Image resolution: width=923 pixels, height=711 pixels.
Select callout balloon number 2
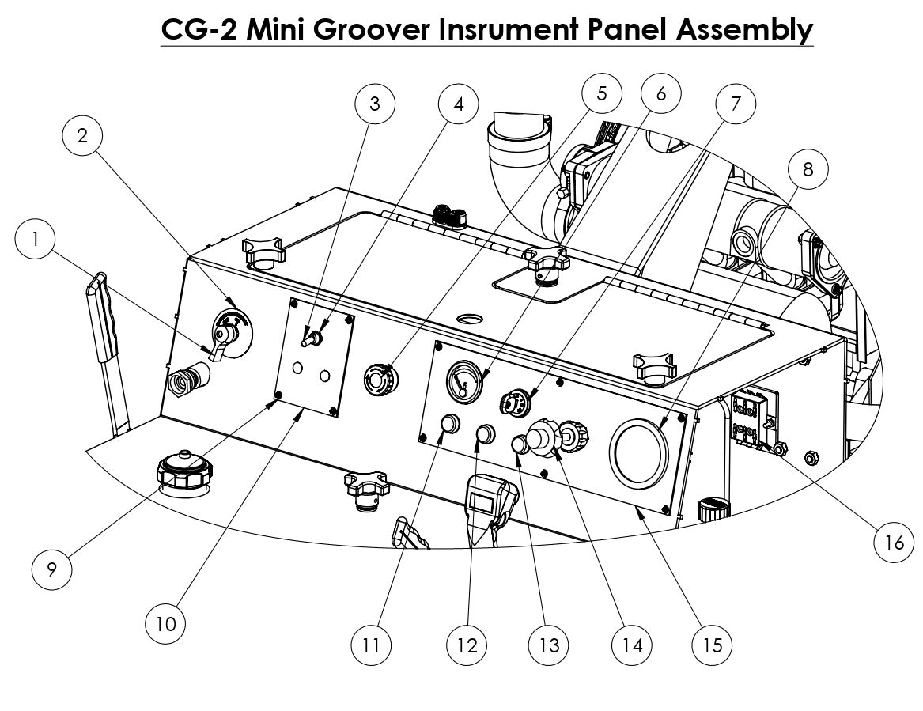click(82, 135)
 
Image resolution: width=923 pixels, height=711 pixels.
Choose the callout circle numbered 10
click(165, 623)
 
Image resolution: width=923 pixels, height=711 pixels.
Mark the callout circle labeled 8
click(806, 168)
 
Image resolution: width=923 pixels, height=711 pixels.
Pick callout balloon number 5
click(601, 93)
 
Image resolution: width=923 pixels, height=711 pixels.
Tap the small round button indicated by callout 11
click(449, 425)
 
